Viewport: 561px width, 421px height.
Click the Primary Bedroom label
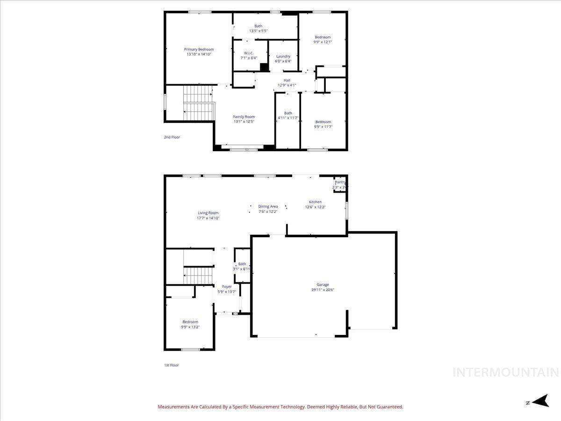pos(199,50)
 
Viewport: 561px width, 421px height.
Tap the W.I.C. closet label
pos(249,53)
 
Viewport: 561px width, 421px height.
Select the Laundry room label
pos(283,57)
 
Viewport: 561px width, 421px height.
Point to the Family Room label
pos(244,117)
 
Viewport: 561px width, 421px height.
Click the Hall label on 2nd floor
pos(287,80)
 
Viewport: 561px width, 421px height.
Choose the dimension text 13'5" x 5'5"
pos(258,31)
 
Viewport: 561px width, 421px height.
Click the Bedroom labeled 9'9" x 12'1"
pos(323,37)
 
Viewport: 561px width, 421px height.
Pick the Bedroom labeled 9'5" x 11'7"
pos(323,122)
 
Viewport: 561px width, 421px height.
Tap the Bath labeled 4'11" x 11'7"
pos(288,113)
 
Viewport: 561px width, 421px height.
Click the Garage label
pos(323,284)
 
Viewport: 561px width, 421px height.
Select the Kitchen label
pos(315,202)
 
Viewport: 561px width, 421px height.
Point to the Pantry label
pos(340,182)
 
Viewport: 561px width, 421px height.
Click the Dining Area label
pos(268,206)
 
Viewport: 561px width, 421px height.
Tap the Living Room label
pos(208,213)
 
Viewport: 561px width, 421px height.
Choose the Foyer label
pos(227,287)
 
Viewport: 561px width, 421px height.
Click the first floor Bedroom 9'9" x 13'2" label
pos(190,322)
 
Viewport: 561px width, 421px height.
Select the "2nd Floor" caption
pos(172,137)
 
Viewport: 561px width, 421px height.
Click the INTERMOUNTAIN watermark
pos(506,372)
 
